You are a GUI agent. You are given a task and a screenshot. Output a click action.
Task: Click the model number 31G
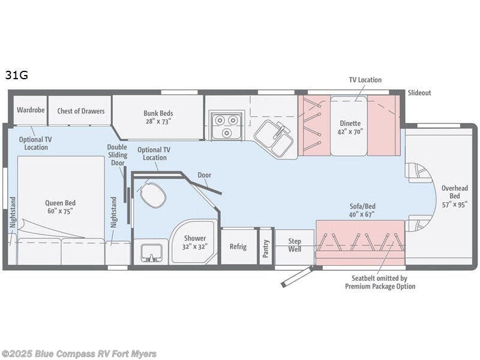[17, 76]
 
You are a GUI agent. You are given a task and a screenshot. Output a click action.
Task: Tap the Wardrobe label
[29, 110]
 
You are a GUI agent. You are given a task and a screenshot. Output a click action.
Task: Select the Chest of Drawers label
[80, 111]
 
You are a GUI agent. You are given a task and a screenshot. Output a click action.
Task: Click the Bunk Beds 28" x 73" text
[158, 116]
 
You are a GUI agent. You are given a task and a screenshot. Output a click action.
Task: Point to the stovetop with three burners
[225, 125]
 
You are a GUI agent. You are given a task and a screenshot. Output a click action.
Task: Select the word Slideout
[419, 93]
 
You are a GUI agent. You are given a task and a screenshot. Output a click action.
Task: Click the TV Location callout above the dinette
[365, 80]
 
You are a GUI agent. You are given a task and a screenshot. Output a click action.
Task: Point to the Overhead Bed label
[454, 196]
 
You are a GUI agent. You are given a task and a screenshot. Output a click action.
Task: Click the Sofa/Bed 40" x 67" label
[362, 209]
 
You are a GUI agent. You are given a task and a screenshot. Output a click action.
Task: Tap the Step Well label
[295, 245]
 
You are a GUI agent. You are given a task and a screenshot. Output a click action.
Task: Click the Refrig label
[239, 246]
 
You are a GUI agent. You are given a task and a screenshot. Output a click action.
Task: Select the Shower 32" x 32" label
[195, 242]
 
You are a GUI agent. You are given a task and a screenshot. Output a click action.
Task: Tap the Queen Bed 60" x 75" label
[61, 207]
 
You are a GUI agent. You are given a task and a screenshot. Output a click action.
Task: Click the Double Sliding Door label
[117, 155]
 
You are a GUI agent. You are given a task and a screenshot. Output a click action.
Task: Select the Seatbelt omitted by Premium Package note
[380, 282]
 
